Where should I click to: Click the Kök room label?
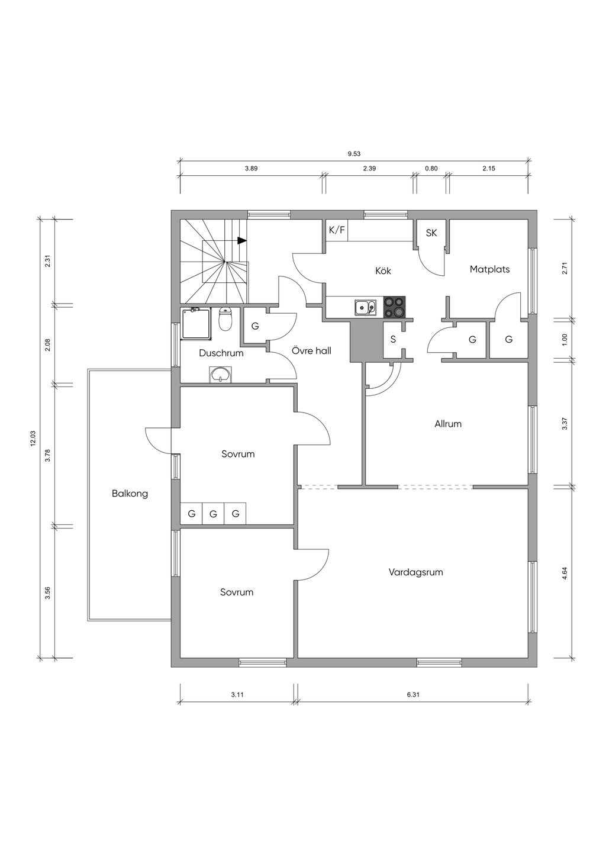tap(383, 271)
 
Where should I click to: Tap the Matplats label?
tap(489, 269)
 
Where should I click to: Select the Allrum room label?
tap(448, 424)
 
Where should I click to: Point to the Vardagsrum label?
tap(416, 572)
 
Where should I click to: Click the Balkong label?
tap(130, 494)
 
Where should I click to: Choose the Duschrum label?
tap(221, 353)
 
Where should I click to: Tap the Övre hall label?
tap(311, 351)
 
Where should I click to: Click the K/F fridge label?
tap(337, 230)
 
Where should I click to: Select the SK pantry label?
tap(431, 233)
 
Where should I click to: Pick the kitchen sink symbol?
tap(365, 307)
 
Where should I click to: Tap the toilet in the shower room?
tap(225, 320)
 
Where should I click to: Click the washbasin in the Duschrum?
tap(220, 374)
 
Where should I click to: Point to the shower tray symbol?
tap(196, 324)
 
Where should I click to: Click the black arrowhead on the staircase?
tap(242, 241)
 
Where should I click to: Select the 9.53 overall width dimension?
tap(354, 154)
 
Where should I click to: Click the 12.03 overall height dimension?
tap(33, 439)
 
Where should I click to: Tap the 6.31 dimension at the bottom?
tap(413, 695)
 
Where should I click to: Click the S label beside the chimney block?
tap(393, 339)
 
